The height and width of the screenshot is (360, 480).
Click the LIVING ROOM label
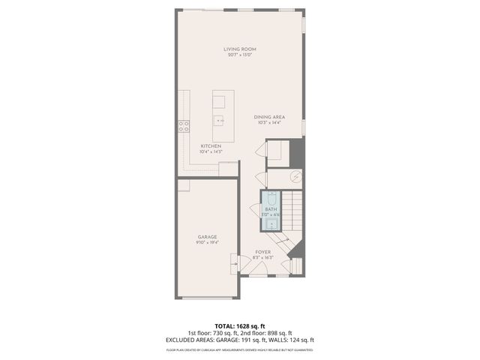coord(240,49)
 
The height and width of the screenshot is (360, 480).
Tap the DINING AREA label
coord(268,117)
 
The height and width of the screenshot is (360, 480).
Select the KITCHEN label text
coord(211,146)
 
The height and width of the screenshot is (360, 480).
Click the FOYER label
coord(262,252)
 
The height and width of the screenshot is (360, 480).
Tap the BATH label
coord(271,210)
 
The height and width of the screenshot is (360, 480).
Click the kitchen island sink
coord(219,120)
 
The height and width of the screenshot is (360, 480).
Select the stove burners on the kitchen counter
coord(182,126)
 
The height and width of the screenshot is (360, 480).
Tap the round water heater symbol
coord(297,177)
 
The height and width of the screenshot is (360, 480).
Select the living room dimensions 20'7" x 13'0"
coord(240,55)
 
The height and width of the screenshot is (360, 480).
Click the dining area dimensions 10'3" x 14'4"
coord(268,123)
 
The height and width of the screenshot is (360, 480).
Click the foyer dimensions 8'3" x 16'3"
coord(262,258)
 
